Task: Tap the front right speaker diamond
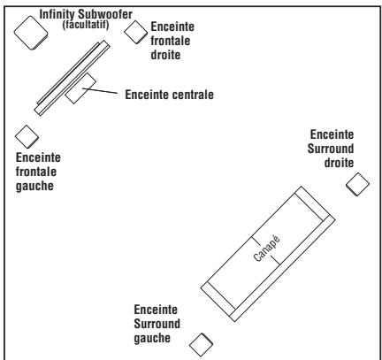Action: click(x=135, y=31)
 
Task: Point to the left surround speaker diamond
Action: click(x=202, y=341)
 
